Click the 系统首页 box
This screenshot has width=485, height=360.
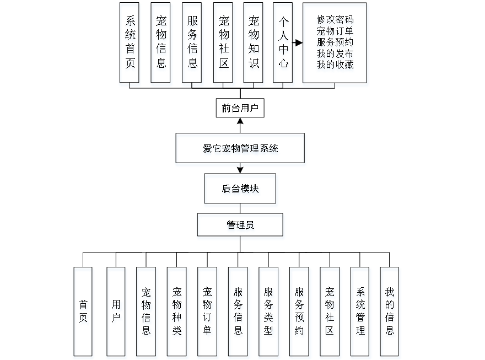pos(130,42)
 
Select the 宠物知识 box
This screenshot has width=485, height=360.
pos(254,42)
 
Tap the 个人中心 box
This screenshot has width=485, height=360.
pos(283,42)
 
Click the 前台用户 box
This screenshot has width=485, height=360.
pos(240,109)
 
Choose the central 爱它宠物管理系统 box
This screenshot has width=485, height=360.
pos(240,148)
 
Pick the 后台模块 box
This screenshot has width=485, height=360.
pos(240,189)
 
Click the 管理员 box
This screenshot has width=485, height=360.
pos(240,225)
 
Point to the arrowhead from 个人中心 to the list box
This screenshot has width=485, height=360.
pos(299,42)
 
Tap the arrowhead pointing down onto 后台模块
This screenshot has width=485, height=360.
pos(240,170)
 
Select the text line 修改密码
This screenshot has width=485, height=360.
pos(335,19)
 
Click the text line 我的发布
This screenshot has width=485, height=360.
pos(335,53)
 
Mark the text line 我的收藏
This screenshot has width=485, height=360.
pos(335,65)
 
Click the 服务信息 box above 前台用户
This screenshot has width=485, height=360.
pos(192,42)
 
